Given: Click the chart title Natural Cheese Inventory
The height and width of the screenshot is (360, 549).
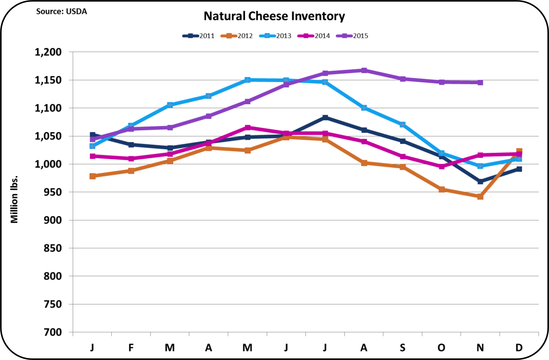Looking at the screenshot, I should [274, 16].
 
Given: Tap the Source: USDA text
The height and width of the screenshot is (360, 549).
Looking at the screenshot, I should [61, 11].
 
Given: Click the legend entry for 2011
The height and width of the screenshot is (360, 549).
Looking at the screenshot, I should [198, 36].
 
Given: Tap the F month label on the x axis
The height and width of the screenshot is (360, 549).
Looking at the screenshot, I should [131, 347].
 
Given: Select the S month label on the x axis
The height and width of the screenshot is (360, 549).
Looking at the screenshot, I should [402, 347].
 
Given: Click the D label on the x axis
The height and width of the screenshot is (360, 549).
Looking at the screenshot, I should [519, 347].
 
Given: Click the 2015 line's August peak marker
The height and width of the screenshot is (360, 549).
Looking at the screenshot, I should [364, 70].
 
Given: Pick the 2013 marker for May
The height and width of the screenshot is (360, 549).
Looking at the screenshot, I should [247, 80].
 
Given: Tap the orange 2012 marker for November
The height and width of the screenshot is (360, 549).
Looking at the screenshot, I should [480, 197].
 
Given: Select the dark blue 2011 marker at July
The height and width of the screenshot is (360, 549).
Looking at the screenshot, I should [325, 118].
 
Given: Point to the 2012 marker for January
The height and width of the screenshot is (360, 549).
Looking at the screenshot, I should [92, 176].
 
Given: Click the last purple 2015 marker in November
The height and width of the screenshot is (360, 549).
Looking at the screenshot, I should [480, 83].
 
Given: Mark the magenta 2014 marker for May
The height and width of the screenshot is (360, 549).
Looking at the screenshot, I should [247, 128].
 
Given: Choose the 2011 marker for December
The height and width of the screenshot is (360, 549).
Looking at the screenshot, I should [519, 169].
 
